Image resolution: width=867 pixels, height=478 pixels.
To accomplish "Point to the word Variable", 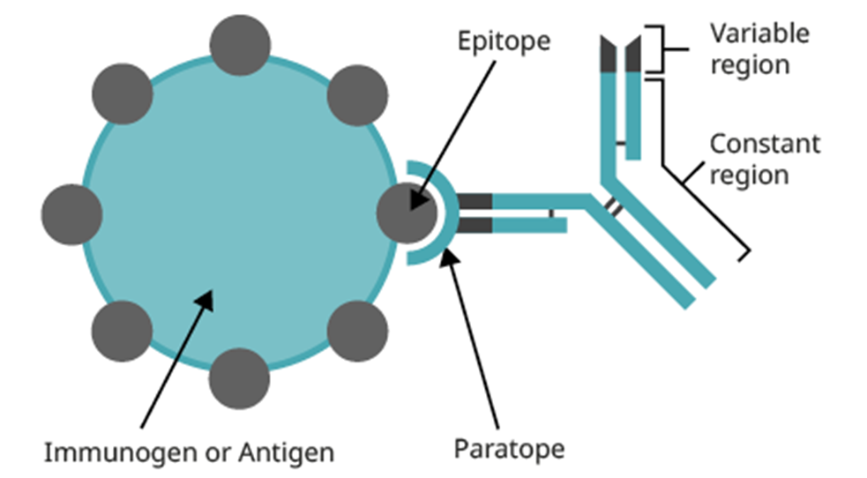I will point(759,34).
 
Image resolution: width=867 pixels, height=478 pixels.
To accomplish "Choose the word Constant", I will point(765,143).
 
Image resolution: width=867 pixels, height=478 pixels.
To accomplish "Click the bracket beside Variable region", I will point(658,49).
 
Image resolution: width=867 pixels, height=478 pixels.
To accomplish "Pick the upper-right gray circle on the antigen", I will point(357,94).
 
